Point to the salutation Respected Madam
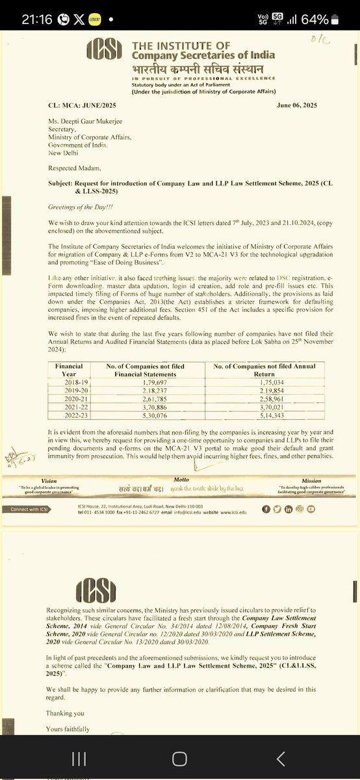click(x=75, y=165)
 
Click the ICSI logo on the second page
click(x=97, y=591)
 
